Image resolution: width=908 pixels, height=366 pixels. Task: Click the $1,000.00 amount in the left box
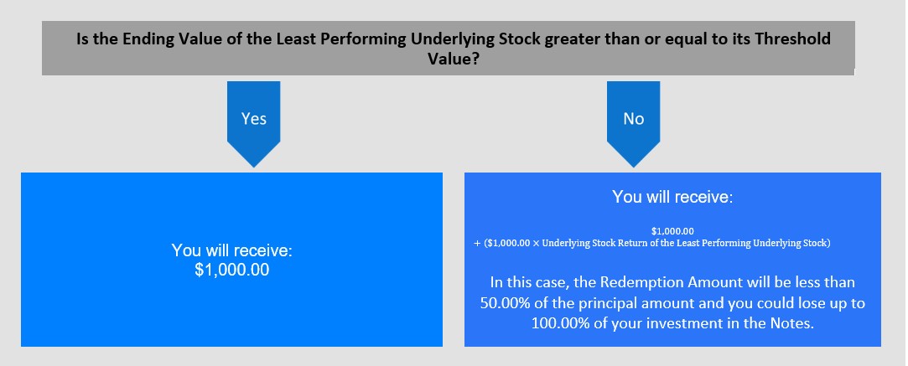pyautogui.click(x=232, y=270)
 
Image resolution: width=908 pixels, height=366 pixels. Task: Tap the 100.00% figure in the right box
pyautogui.click(x=560, y=323)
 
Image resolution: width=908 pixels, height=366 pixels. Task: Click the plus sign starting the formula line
pyautogui.click(x=477, y=244)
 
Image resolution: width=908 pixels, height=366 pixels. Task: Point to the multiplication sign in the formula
pyautogui.click(x=536, y=244)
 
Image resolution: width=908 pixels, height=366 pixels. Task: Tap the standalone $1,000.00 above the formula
pyautogui.click(x=672, y=232)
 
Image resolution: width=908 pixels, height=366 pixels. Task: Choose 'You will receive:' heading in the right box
pyautogui.click(x=672, y=197)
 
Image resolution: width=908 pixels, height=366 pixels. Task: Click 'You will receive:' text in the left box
pyautogui.click(x=232, y=251)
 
